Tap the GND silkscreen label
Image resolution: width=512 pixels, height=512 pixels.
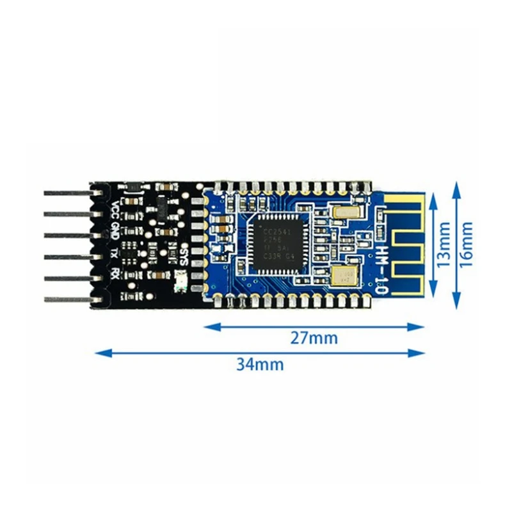click(x=115, y=229)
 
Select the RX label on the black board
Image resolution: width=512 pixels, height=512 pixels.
click(x=115, y=274)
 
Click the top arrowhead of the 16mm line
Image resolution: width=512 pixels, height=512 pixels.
click(x=456, y=186)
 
